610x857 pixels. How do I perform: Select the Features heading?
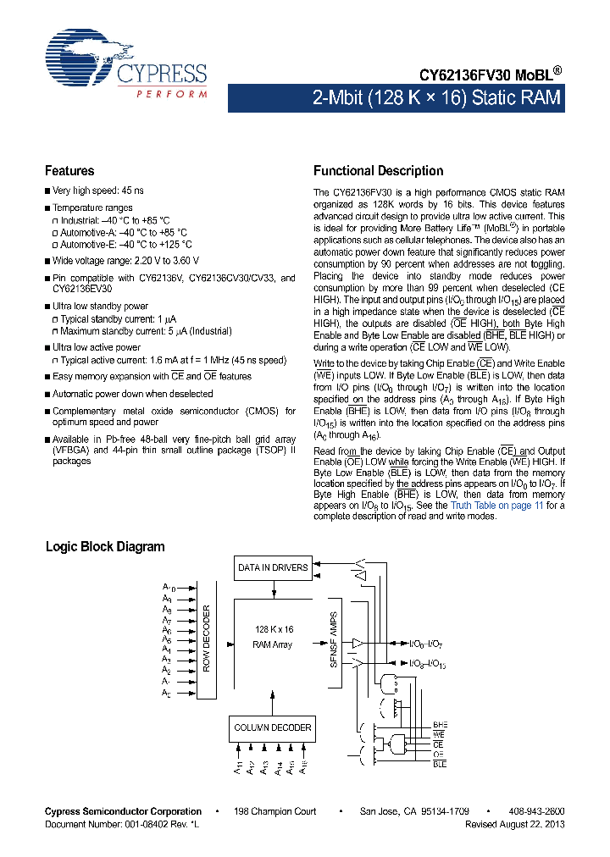coord(69,171)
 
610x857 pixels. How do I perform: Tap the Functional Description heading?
coord(378,171)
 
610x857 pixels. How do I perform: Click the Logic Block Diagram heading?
coord(105,547)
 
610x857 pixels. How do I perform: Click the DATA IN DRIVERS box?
coord(273,567)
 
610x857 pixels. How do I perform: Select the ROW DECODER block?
coord(206,639)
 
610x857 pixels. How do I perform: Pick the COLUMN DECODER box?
coord(273,727)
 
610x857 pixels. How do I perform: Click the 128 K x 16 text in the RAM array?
coord(273,629)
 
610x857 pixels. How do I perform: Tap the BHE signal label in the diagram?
coord(440,726)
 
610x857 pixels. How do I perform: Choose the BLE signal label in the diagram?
coord(440,764)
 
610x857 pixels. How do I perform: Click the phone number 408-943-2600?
coord(536,811)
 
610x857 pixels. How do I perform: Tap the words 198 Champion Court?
coord(274,811)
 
